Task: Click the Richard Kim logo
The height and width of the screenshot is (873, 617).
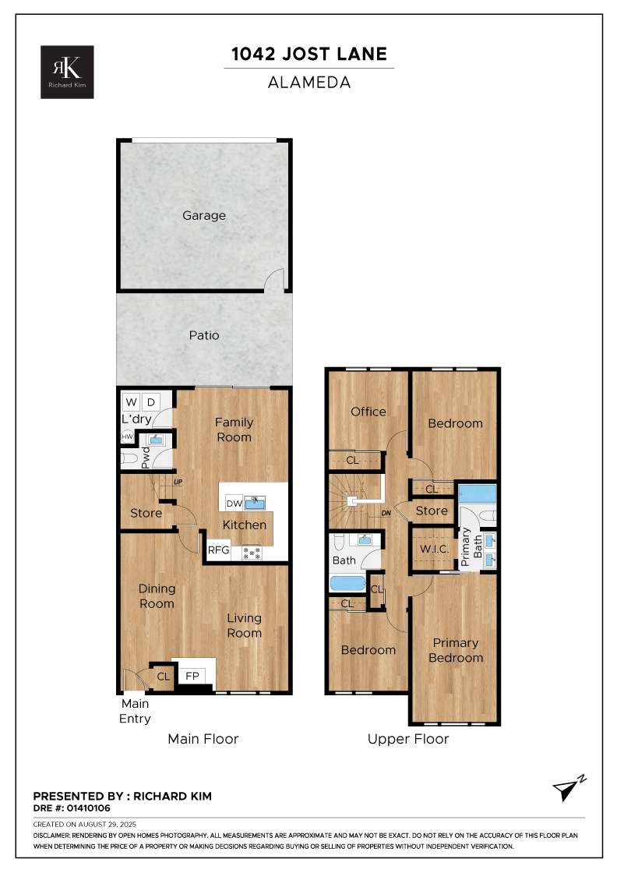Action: (x=67, y=72)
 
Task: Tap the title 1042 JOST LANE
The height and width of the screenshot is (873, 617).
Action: (x=309, y=54)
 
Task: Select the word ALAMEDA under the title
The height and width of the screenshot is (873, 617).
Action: (x=309, y=83)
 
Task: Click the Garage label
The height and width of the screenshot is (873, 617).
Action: (x=204, y=215)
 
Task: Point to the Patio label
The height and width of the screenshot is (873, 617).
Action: (x=204, y=335)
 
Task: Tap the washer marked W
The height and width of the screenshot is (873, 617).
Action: (x=132, y=401)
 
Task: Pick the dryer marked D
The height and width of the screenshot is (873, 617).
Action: (x=151, y=401)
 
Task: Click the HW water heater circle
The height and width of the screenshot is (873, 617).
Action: (x=128, y=437)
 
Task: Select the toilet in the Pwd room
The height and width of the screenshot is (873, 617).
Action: (x=129, y=459)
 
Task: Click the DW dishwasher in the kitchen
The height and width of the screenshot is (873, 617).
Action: (x=234, y=504)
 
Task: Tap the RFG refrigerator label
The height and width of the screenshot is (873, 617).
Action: (x=218, y=550)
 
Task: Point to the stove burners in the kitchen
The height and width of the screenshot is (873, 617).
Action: (x=252, y=553)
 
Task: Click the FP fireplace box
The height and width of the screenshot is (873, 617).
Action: (x=192, y=676)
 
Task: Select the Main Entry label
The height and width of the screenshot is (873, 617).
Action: (x=136, y=711)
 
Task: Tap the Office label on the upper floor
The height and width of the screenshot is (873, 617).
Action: (x=368, y=412)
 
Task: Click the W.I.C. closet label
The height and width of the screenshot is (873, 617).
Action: (x=435, y=549)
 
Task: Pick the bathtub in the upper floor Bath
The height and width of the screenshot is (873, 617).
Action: (x=347, y=584)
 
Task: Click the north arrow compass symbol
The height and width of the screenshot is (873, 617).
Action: (x=569, y=787)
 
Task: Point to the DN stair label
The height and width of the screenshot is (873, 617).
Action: (x=386, y=514)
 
